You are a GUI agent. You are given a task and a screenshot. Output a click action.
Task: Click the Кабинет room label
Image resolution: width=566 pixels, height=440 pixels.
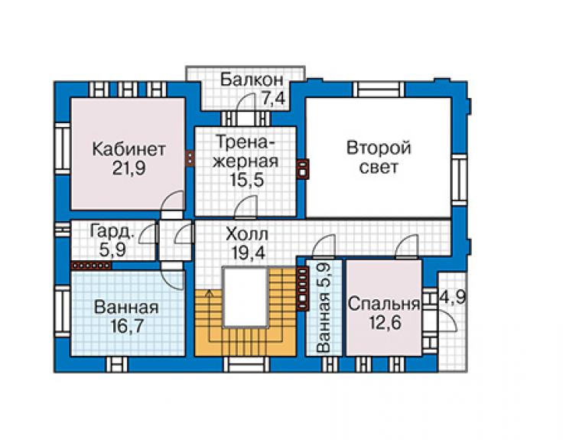[128, 149]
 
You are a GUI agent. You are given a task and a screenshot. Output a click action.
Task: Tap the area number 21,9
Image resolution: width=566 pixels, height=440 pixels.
[128, 168]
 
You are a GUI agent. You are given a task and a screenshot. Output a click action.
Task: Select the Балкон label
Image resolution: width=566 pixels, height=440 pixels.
[252, 80]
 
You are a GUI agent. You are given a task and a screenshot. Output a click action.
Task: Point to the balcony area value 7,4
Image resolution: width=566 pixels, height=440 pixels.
[273, 99]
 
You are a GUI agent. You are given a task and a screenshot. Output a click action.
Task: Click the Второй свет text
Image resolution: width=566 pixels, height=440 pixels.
[379, 158]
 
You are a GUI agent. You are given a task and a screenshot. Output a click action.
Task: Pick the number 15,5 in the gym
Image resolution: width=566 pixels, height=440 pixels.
[247, 180]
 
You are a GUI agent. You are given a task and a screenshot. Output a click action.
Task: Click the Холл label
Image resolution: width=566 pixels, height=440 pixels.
[246, 234]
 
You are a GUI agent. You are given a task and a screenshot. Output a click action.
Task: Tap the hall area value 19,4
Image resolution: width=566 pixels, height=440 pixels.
[248, 253]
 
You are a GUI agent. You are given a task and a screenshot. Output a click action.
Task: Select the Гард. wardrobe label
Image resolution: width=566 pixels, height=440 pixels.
[112, 232]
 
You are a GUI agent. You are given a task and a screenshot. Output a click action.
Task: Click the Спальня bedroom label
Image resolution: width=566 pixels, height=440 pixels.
[384, 304]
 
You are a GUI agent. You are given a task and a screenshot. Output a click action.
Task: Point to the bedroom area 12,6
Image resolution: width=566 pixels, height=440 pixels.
[385, 323]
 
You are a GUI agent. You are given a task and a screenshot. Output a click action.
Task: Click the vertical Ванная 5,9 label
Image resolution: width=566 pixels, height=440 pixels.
[323, 308]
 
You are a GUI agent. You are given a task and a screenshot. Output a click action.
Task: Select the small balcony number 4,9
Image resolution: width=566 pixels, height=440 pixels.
[452, 297]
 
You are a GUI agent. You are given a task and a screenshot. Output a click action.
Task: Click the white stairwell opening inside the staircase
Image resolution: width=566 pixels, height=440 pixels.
[246, 297]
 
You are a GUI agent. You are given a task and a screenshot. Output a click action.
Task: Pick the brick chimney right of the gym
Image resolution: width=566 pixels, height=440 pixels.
[302, 169]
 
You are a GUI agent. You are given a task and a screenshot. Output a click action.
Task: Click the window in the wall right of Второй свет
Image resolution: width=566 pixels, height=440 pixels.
[460, 180]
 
